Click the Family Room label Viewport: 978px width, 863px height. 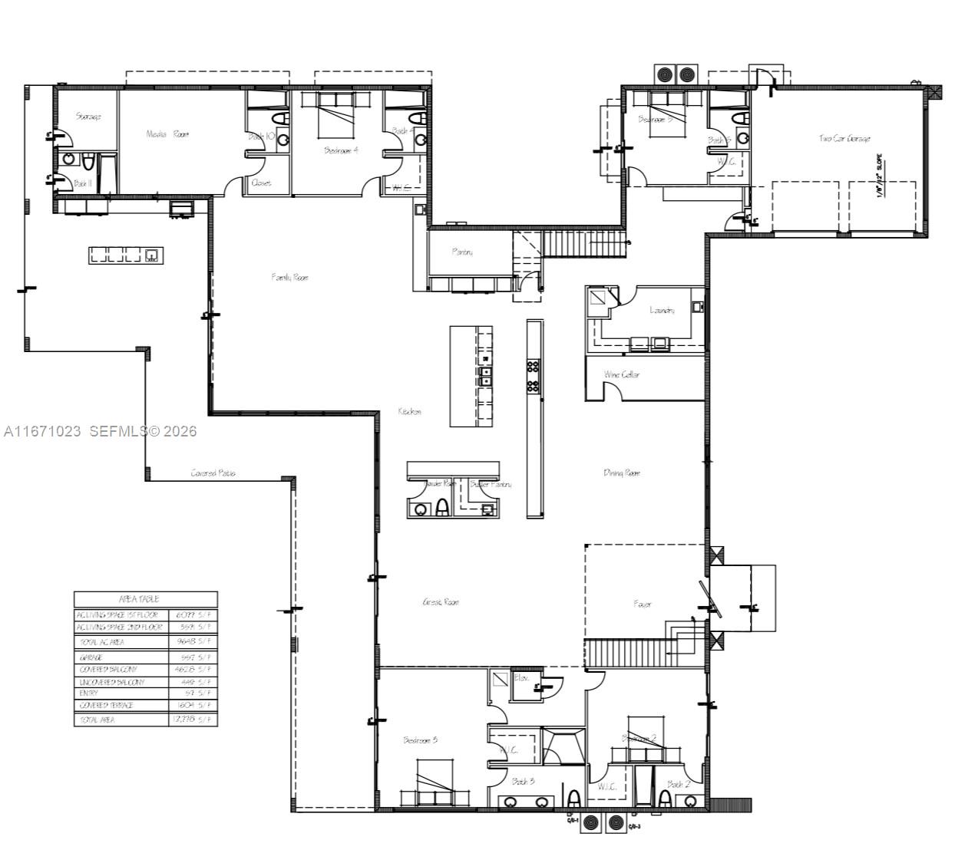[x=289, y=277]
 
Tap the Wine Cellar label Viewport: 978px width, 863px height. [x=622, y=374]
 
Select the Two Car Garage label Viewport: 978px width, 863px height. [x=844, y=139]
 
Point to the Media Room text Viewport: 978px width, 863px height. [x=167, y=133]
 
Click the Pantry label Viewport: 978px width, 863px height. [x=462, y=252]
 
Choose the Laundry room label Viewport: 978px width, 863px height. [x=662, y=310]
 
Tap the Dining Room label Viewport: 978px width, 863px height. [x=622, y=473]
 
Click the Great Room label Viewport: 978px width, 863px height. [x=441, y=602]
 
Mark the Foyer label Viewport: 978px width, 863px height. [x=643, y=604]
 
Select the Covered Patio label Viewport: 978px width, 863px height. [x=213, y=473]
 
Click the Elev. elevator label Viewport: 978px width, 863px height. [x=521, y=678]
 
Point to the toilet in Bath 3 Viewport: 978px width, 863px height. [x=573, y=799]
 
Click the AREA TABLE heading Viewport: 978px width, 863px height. [x=139, y=598]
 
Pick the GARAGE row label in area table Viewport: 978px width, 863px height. [x=91, y=657]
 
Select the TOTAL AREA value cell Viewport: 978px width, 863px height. [x=193, y=720]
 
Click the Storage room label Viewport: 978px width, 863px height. [x=88, y=117]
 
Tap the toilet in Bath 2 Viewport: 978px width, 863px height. [x=664, y=799]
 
